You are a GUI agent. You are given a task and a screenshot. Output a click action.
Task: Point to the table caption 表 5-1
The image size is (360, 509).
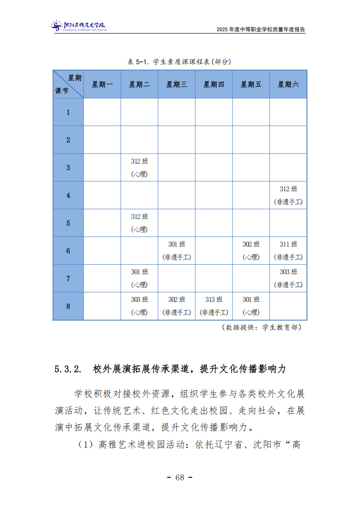(x=180, y=62)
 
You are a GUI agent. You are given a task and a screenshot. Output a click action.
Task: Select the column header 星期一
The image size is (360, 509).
(x=102, y=84)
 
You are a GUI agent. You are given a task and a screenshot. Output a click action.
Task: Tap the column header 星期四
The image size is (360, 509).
(x=214, y=84)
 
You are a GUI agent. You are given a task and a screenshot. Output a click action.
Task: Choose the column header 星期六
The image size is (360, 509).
(x=288, y=84)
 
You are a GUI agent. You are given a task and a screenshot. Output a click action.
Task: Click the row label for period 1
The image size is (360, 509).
(x=68, y=112)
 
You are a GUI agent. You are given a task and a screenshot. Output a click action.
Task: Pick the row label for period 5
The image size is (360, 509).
(x=68, y=223)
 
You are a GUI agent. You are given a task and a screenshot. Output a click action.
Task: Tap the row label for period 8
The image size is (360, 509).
(x=68, y=306)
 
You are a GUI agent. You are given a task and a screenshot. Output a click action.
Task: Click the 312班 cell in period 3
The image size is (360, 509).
(x=139, y=168)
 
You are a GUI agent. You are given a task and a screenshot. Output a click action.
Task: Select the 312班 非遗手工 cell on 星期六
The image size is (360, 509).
(x=288, y=195)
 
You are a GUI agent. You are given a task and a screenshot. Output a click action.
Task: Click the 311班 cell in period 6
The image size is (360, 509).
(x=288, y=251)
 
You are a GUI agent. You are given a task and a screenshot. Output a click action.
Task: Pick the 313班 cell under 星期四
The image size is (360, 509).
(x=214, y=306)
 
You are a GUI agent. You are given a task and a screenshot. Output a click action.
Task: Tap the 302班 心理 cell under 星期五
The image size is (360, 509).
(x=251, y=251)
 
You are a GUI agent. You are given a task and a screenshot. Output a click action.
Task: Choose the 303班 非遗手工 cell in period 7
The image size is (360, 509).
(x=288, y=278)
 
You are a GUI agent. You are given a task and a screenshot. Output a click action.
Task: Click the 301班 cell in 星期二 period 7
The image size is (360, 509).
(x=139, y=278)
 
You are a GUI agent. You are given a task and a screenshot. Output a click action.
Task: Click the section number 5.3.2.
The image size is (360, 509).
(x=68, y=369)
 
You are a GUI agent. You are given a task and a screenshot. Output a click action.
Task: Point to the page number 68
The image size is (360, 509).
(x=180, y=477)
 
